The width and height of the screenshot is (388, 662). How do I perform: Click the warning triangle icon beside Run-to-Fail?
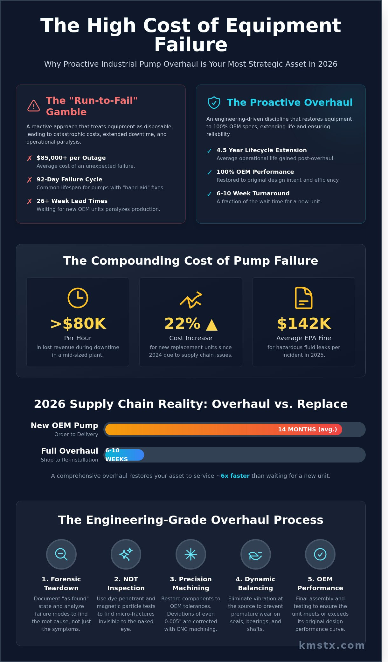pyautogui.click(x=33, y=106)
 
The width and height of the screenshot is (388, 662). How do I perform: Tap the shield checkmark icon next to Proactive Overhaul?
pyautogui.click(x=214, y=102)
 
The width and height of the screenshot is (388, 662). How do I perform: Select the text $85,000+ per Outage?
pyautogui.click(x=71, y=158)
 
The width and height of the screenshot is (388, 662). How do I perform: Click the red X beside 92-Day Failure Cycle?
pyautogui.click(x=30, y=180)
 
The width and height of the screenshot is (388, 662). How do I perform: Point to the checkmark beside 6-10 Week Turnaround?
pyautogui.click(x=209, y=194)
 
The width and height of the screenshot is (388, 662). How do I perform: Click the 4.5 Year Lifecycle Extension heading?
pyautogui.click(x=261, y=150)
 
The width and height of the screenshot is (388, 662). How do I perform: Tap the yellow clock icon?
pyautogui.click(x=78, y=298)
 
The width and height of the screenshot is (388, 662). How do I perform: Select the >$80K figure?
pyautogui.click(x=78, y=323)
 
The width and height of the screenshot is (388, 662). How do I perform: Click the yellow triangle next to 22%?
pyautogui.click(x=211, y=325)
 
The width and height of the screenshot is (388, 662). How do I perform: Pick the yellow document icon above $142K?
pyautogui.click(x=303, y=298)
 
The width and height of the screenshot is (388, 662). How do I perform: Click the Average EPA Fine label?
pyautogui.click(x=303, y=338)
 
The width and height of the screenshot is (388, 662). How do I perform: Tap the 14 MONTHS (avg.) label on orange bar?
pyautogui.click(x=307, y=429)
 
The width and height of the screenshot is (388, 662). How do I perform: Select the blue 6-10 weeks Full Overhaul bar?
pyautogui.click(x=125, y=455)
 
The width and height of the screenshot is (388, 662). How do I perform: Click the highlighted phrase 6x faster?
pyautogui.click(x=235, y=476)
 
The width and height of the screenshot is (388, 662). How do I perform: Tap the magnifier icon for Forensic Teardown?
pyautogui.click(x=61, y=554)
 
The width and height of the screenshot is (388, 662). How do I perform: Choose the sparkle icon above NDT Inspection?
pyautogui.click(x=126, y=554)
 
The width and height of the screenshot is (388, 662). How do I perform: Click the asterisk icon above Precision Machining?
pyautogui.click(x=191, y=554)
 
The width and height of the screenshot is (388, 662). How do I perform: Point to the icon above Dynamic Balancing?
pyautogui.click(x=255, y=554)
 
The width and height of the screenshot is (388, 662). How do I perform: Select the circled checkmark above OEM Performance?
pyautogui.click(x=320, y=554)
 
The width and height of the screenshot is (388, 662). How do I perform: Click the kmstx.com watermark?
pyautogui.click(x=331, y=645)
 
